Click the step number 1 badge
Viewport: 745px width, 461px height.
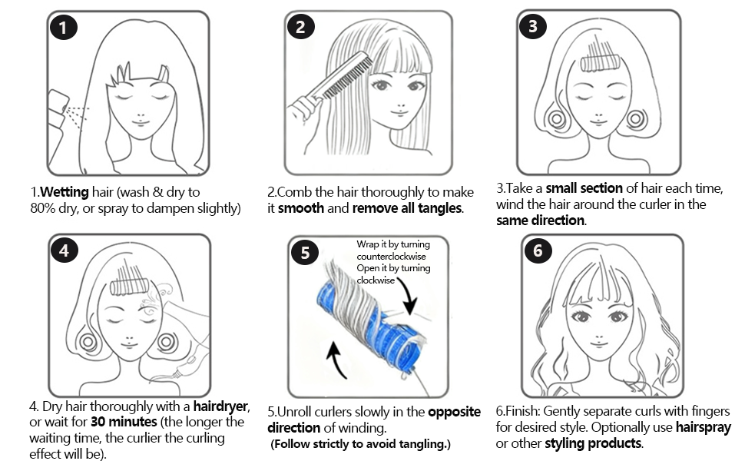(x=63, y=28)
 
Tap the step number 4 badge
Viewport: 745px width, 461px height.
(x=65, y=251)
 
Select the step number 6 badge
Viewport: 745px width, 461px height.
(x=537, y=251)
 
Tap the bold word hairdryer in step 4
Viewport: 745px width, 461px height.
(x=219, y=406)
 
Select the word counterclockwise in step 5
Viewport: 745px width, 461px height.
(x=391, y=257)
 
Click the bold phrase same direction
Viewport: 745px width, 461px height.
(x=540, y=221)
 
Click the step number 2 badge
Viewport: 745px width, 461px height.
(x=300, y=28)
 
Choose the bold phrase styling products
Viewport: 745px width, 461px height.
(x=592, y=443)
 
